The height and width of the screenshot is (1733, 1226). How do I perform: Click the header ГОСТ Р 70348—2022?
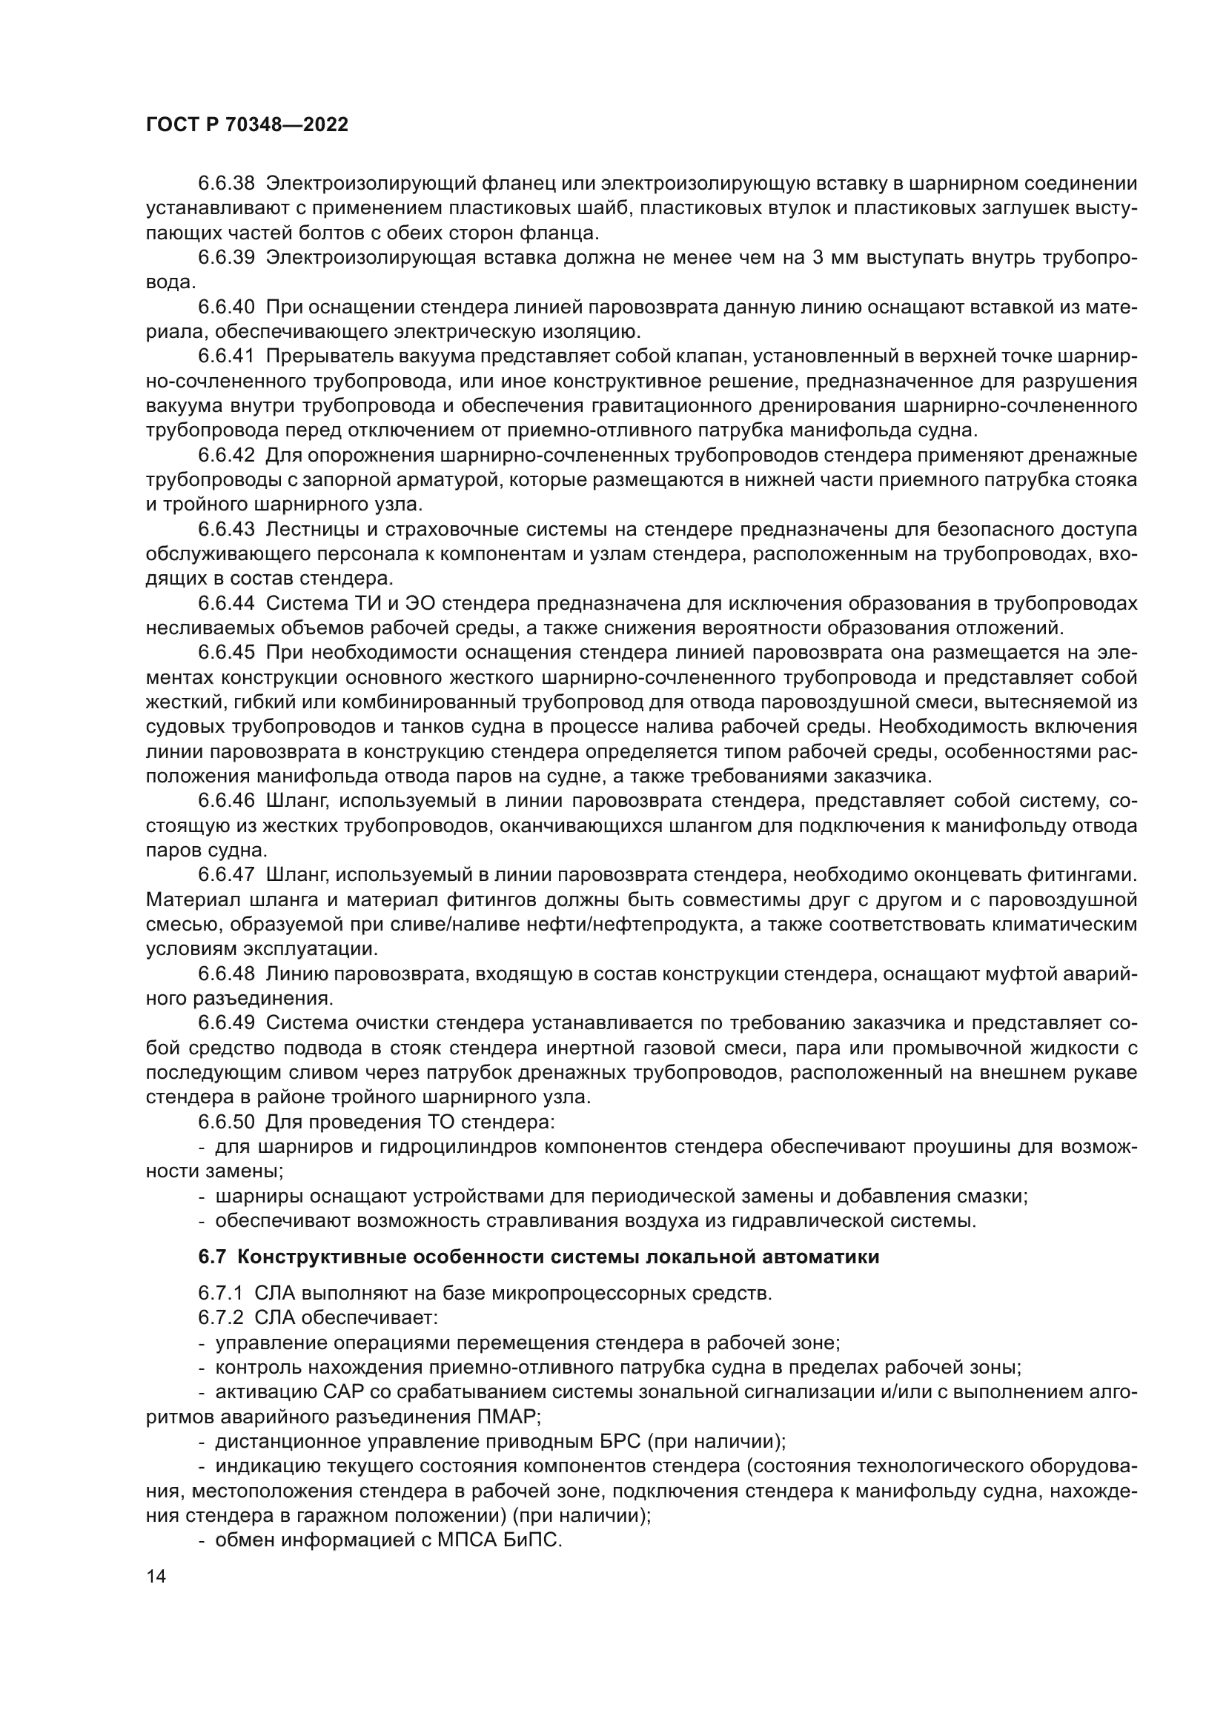point(247,125)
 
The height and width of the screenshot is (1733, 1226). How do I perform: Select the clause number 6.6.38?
point(227,184)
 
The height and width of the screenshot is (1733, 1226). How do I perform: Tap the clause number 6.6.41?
point(227,356)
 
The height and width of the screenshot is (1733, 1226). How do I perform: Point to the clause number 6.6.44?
point(227,603)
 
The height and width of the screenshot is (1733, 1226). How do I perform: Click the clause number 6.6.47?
point(227,875)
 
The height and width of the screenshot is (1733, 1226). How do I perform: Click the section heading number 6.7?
point(212,1257)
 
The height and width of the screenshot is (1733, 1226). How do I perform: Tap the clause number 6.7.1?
point(220,1293)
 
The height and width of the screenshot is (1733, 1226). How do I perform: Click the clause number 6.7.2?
point(220,1318)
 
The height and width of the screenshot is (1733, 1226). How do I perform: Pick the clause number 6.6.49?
point(227,1022)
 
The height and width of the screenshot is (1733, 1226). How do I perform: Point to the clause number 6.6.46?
point(227,801)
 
